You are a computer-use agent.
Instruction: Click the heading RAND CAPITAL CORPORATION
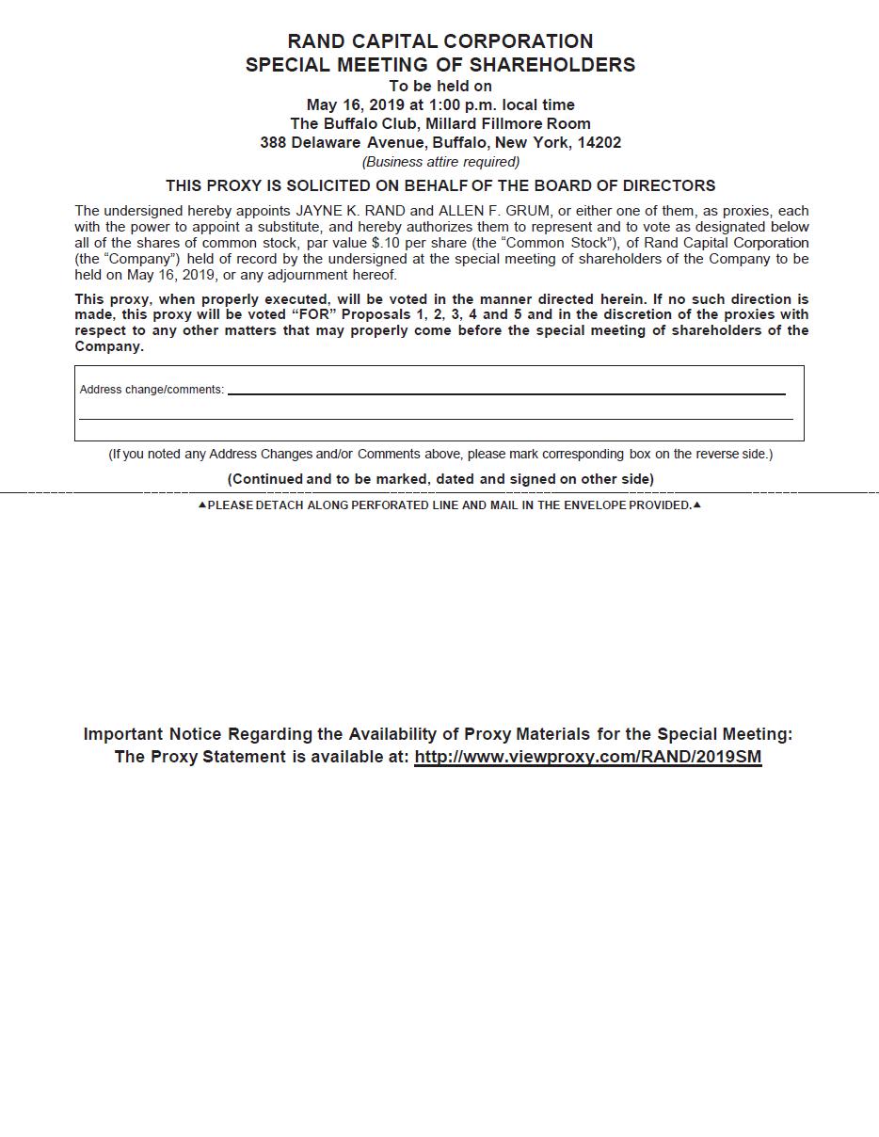pyautogui.click(x=440, y=41)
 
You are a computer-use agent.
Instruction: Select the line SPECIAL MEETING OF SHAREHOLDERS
pyautogui.click(x=440, y=65)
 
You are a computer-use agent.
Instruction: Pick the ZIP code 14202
pyautogui.click(x=599, y=143)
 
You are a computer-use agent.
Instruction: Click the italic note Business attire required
pyautogui.click(x=440, y=162)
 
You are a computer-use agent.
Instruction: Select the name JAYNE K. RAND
pyautogui.click(x=351, y=211)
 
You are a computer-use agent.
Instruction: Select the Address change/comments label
pyautogui.click(x=152, y=390)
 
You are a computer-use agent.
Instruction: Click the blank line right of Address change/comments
pyautogui.click(x=506, y=393)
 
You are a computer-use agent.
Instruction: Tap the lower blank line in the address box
pyautogui.click(x=436, y=418)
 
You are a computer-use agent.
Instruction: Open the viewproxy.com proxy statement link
pyautogui.click(x=587, y=757)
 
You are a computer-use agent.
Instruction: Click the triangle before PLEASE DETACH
pyautogui.click(x=201, y=505)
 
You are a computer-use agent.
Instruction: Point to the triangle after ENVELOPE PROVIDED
pyautogui.click(x=696, y=505)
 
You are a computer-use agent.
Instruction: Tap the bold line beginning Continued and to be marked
pyautogui.click(x=440, y=479)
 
